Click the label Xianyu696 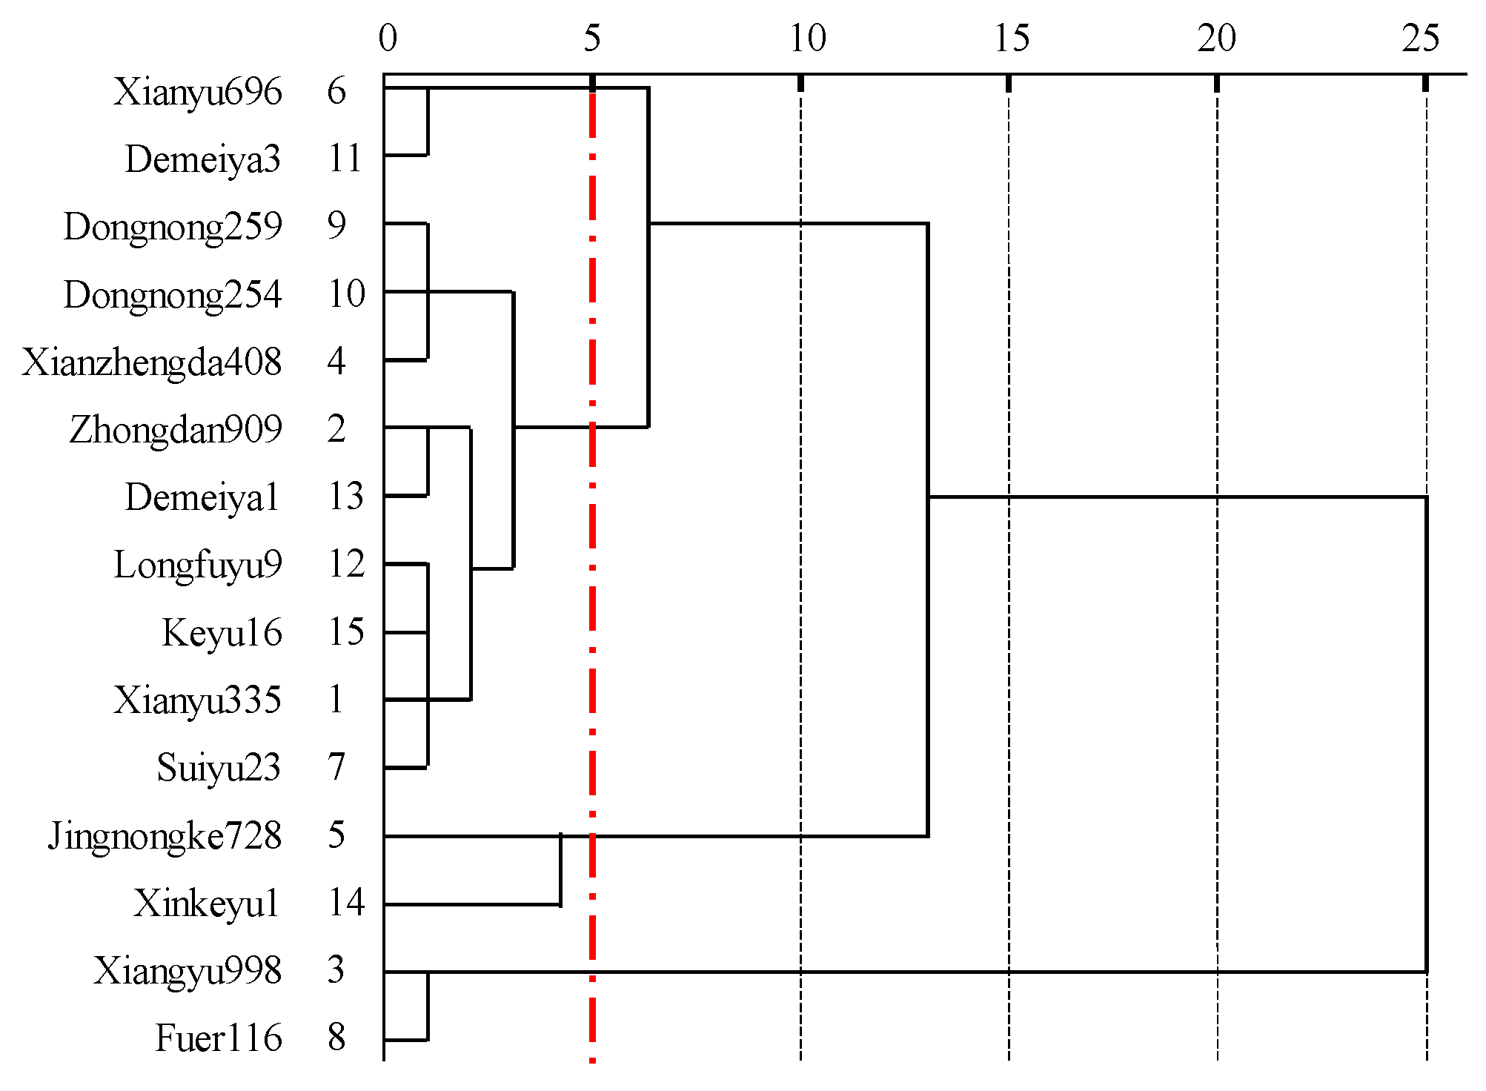point(197,93)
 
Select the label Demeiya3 point(202,160)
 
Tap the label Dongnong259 point(173,228)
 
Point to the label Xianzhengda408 point(151,363)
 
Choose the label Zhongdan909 point(176,431)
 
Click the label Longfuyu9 point(197,566)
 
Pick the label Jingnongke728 point(165,837)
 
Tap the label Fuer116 point(218,1039)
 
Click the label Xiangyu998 point(187,972)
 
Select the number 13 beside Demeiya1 point(346,497)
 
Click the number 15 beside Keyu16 point(346,633)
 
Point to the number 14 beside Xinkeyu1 point(346,903)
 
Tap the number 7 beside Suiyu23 point(336,768)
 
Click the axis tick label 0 point(388,39)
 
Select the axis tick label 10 point(806,39)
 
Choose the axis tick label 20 point(1216,39)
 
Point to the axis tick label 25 point(1421,39)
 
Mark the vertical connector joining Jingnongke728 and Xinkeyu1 point(560,870)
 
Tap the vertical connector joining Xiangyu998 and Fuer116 point(428,1006)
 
